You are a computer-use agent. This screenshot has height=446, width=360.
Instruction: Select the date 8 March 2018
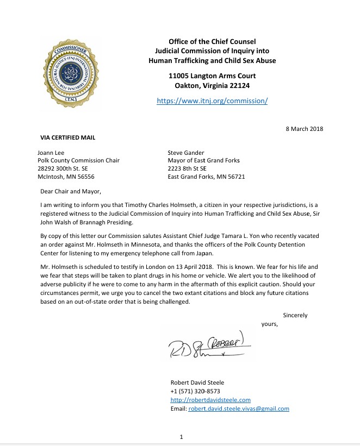(304, 128)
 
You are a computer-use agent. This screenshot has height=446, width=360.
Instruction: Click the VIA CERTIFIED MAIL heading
(68, 138)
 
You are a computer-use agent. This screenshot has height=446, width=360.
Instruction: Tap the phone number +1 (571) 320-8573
(195, 391)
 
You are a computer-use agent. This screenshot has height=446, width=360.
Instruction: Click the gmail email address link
(239, 409)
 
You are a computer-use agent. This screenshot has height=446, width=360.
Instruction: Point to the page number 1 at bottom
(181, 436)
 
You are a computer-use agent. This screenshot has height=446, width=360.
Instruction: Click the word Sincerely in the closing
(295, 315)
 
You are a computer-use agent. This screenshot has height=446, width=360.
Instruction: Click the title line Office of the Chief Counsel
(212, 42)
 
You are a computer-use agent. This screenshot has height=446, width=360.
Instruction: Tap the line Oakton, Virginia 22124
(212, 85)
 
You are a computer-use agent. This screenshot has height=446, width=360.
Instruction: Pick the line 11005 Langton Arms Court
(212, 76)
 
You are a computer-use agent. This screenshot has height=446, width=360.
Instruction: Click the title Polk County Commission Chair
(78, 161)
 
